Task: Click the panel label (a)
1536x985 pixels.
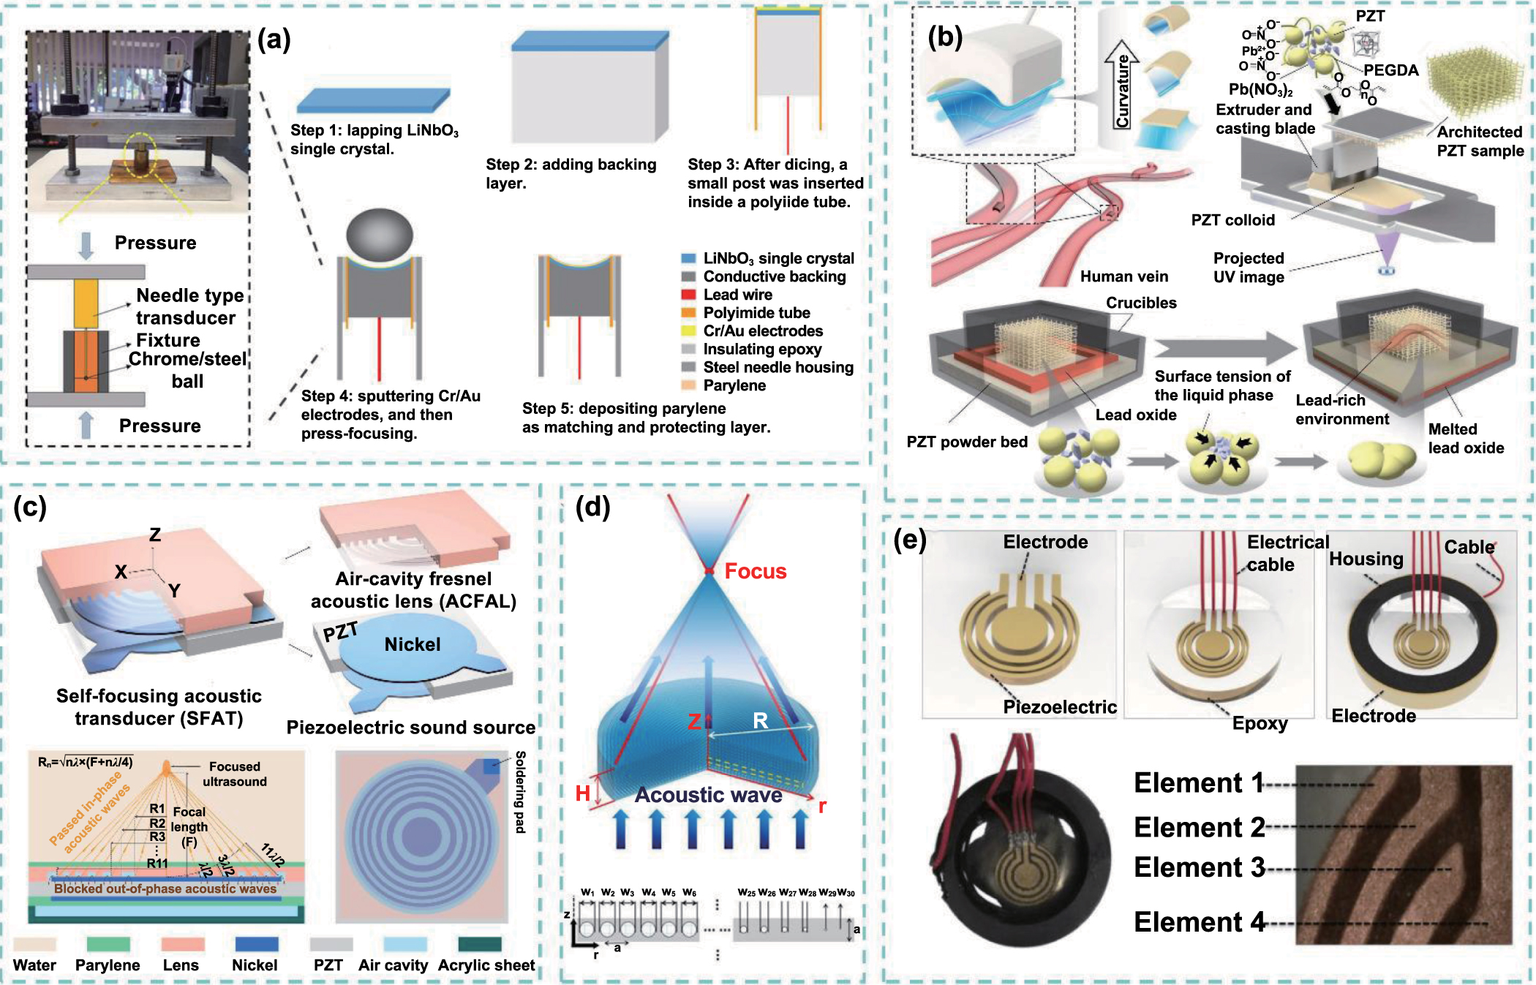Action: [x=274, y=39]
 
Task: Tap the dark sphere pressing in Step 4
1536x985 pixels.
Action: [x=379, y=235]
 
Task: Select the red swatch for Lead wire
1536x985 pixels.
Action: [x=688, y=295]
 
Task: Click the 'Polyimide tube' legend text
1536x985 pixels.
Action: [x=756, y=313]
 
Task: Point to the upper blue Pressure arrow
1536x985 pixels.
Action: [x=86, y=245]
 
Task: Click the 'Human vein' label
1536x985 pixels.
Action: [x=1123, y=276]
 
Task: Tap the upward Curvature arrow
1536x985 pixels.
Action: [x=1121, y=84]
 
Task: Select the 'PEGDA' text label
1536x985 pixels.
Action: [x=1390, y=70]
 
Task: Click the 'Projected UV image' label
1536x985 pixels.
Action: [x=1248, y=268]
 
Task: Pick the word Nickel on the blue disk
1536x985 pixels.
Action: [x=413, y=644]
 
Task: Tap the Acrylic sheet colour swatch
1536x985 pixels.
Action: [x=479, y=944]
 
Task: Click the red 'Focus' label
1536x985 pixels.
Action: [x=755, y=571]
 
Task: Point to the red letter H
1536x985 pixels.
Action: [x=582, y=793]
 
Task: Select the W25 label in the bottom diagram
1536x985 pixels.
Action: [x=746, y=893]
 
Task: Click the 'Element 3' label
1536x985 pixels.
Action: [x=1199, y=868]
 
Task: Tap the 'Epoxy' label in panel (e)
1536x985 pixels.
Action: [x=1260, y=723]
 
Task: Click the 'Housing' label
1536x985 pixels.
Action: [x=1366, y=559]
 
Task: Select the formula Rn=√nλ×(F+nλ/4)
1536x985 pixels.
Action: [x=86, y=763]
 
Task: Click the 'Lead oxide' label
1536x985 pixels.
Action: [x=1135, y=415]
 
